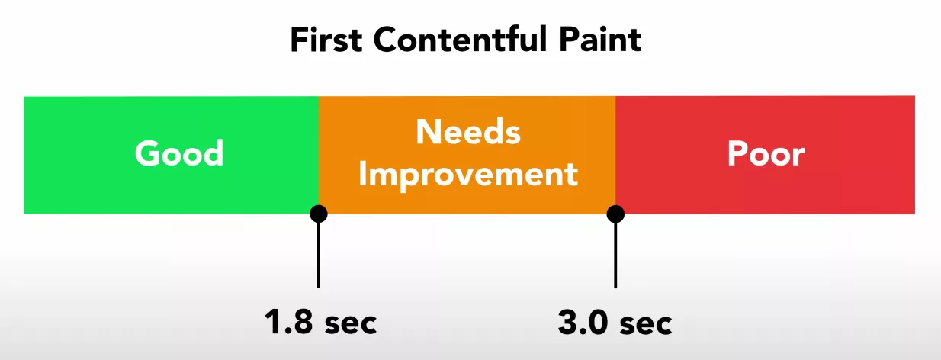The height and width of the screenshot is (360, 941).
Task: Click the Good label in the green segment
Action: coord(179,154)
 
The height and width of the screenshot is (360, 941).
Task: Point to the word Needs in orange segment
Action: coord(467,133)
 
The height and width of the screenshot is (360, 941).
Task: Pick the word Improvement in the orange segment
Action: coord(467,174)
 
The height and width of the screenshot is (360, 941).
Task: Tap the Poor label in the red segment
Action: coord(766,154)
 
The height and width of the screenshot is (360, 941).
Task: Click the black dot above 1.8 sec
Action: coord(319,214)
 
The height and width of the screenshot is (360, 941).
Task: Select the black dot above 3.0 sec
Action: coord(615,214)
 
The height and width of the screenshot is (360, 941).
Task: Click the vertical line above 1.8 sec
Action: coord(319,256)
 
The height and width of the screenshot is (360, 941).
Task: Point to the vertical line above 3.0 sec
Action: coord(615,256)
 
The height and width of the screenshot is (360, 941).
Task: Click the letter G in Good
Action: coord(147,154)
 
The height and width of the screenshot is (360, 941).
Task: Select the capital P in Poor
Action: coord(737,154)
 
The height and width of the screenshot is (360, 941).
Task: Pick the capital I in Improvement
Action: coord(364,174)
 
